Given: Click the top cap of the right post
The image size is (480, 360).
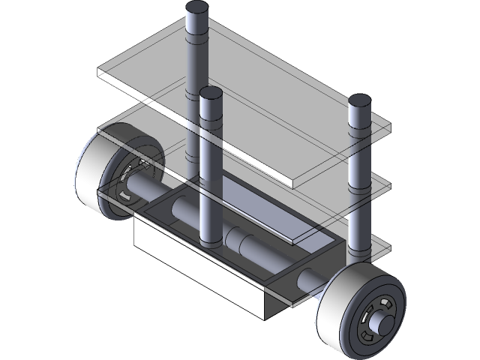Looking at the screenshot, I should [x=359, y=100].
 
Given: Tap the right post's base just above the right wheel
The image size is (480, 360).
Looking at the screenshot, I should [x=359, y=240].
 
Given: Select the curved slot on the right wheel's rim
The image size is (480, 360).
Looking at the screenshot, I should [x=384, y=303].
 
